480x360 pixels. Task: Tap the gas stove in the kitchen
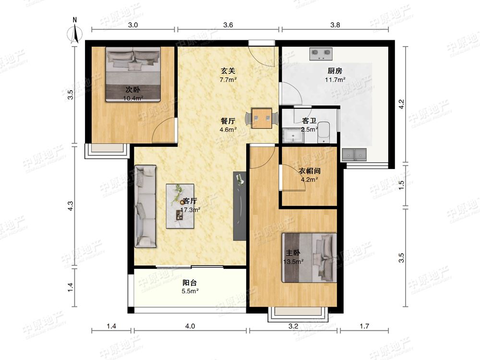tap(321, 54)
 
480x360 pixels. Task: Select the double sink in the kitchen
tap(355, 154)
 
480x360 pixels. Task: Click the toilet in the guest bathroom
tap(324, 132)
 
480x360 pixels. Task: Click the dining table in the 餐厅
tap(262, 118)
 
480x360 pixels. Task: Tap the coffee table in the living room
tap(180, 206)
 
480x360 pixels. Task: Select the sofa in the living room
tap(145, 206)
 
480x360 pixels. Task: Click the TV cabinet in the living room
tap(240, 206)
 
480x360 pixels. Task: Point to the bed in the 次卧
tap(133, 74)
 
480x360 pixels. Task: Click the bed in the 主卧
tap(309, 258)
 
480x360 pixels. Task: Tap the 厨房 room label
tap(335, 71)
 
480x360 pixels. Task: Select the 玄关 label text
tap(228, 71)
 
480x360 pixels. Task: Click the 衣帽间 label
tap(310, 171)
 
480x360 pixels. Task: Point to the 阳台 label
tap(190, 283)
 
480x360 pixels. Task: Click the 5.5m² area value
tap(190, 291)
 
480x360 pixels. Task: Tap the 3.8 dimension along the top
tap(335, 25)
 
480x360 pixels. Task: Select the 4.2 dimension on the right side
tap(402, 104)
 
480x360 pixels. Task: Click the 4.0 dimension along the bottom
tap(190, 326)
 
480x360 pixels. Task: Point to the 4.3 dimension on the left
tap(71, 206)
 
